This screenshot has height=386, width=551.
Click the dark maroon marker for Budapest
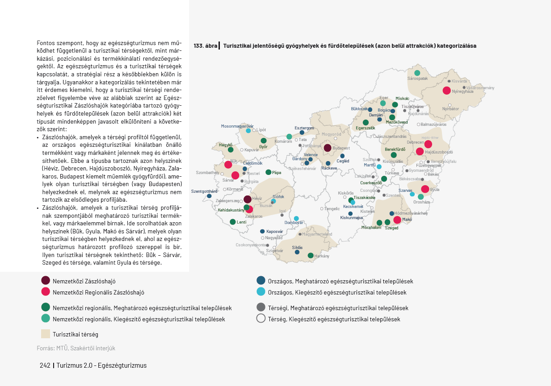click(327, 148)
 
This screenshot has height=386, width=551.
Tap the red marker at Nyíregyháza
click(446, 91)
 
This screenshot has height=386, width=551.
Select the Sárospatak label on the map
click(417, 79)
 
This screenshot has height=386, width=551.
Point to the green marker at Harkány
click(311, 256)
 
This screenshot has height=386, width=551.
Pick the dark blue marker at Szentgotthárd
click(209, 196)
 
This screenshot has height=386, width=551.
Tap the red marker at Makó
click(397, 220)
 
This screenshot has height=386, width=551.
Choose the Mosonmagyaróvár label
click(237, 126)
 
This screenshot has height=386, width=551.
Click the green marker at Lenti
click(233, 222)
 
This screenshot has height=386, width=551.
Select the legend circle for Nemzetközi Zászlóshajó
click(46, 281)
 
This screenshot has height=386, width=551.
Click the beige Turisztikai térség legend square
click(46, 334)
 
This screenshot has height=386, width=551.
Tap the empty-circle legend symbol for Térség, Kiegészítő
click(261, 319)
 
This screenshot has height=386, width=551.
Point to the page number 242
click(45, 365)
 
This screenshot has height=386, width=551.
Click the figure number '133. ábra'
click(205, 46)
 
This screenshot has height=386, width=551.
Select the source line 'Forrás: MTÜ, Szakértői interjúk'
click(76, 348)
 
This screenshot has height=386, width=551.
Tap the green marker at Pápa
click(268, 172)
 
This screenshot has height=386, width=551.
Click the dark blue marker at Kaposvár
click(262, 231)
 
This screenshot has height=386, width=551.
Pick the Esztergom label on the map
click(304, 128)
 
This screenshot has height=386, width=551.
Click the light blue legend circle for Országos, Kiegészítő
click(261, 292)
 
